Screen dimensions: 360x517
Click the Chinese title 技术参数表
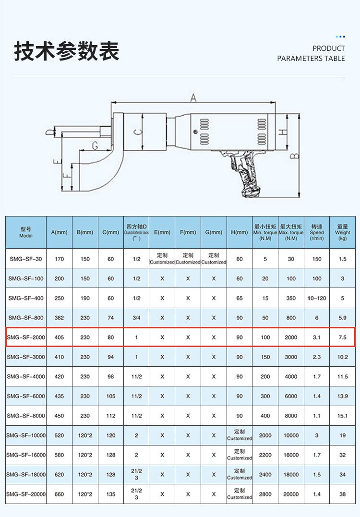67,51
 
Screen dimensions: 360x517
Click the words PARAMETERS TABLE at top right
311,59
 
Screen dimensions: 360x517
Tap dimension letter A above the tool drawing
193,98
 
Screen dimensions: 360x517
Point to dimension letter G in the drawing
95,145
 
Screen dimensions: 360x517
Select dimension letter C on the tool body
138,132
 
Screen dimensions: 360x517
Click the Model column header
26,232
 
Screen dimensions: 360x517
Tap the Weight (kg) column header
343,232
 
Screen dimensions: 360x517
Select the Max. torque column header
291,232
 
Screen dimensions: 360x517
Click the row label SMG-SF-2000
26,337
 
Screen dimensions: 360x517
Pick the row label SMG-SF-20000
26,494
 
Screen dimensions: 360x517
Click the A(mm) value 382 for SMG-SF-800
60,318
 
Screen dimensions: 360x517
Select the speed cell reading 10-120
317,298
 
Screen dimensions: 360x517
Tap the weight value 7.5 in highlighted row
343,337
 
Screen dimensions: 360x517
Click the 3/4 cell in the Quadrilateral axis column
136,318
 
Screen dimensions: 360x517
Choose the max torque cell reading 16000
291,455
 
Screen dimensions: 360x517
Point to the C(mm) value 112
111,416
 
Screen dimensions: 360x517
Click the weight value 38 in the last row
343,494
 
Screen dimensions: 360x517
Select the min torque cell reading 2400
265,474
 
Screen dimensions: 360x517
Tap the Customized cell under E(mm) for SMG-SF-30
162,259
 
